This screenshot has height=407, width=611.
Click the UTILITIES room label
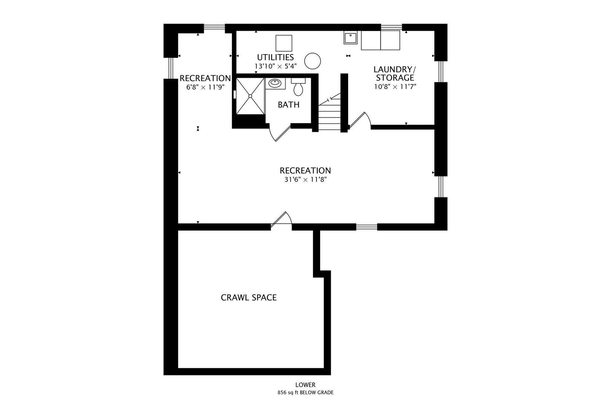(275, 57)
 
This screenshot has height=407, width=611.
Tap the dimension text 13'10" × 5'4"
(275, 66)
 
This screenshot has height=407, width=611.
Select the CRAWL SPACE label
(249, 297)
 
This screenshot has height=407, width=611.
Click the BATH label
(289, 105)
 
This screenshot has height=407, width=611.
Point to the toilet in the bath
(298, 87)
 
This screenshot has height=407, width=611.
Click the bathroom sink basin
(275, 83)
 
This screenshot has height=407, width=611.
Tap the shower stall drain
(250, 96)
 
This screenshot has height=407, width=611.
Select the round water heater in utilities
(312, 61)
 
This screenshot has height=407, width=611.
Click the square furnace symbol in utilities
(284, 43)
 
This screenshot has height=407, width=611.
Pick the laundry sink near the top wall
(350, 38)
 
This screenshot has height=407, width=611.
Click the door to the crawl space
(281, 219)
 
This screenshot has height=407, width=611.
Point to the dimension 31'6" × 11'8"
(305, 179)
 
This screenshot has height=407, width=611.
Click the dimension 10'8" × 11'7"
(395, 87)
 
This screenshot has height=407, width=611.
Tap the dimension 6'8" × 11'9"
(206, 87)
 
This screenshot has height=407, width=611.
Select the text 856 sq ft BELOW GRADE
(305, 393)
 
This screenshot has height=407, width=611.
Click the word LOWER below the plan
(305, 385)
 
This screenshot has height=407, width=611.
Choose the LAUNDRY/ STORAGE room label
(395, 73)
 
